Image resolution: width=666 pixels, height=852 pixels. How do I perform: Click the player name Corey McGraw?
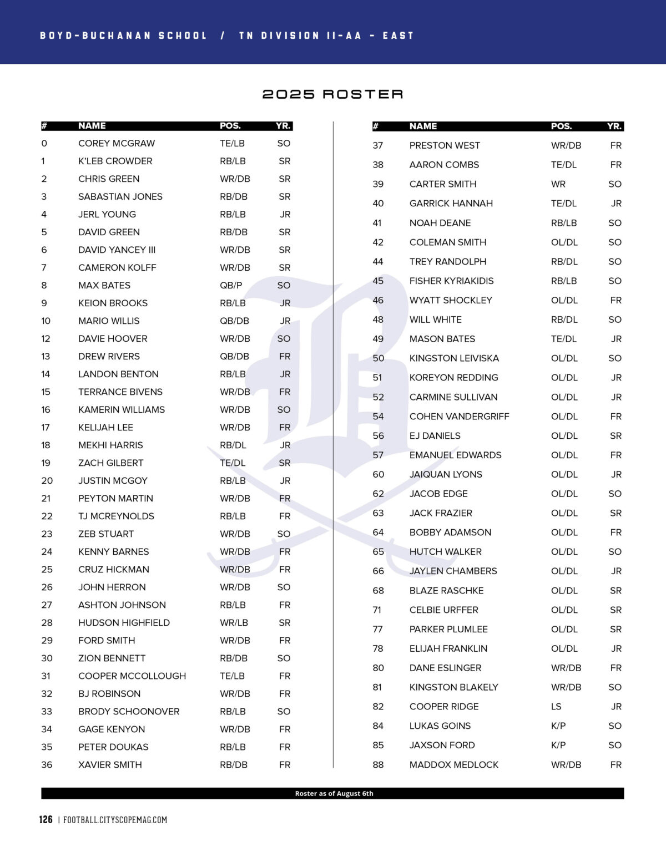coord(117,143)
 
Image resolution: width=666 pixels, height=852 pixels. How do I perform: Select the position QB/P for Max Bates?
coord(231,285)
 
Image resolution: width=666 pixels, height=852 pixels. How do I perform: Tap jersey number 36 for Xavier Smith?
coord(47,764)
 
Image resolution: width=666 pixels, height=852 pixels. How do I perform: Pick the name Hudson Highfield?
coord(124,622)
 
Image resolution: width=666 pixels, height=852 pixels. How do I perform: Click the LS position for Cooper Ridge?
coord(556,706)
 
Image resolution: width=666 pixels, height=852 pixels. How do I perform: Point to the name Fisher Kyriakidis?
coord(451,281)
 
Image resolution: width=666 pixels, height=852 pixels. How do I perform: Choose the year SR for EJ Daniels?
coord(615,435)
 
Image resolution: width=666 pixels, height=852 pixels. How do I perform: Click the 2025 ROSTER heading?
coord(332,94)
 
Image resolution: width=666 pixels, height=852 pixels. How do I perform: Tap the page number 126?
coord(46,819)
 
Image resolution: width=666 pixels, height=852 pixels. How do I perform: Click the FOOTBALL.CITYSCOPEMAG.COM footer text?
coord(115,820)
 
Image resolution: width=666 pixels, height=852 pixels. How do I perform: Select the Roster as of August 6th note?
coord(334,793)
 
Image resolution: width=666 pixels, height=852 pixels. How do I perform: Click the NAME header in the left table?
coord(92,126)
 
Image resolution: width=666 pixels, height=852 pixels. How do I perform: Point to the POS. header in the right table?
coord(561,126)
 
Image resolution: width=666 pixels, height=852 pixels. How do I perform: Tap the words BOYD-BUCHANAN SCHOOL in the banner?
coord(123,35)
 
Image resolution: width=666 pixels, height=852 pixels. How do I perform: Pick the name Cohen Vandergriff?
coord(459,416)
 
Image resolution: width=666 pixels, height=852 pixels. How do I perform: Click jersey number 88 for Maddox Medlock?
coord(378,764)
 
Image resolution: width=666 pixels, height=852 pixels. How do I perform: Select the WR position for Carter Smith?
coord(558,184)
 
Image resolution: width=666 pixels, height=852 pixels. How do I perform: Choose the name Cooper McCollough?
coord(132,676)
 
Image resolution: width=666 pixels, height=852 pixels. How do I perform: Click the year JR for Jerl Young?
coord(285,214)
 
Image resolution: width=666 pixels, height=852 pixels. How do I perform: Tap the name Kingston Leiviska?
coord(454,358)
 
